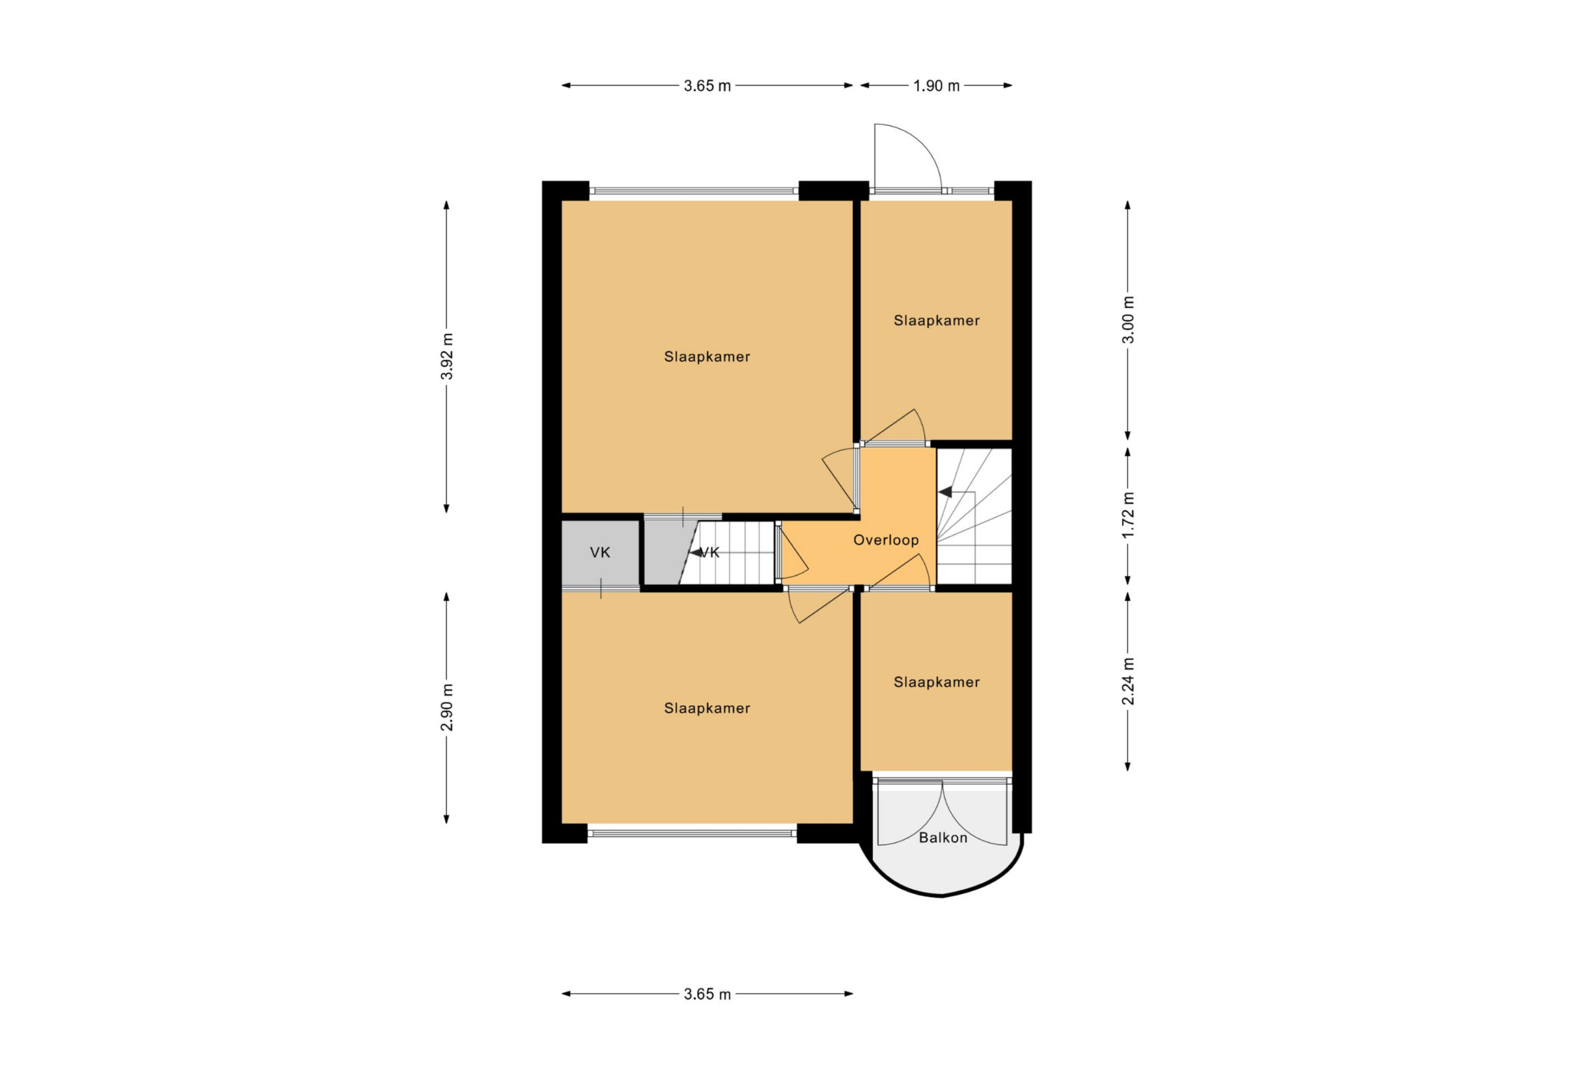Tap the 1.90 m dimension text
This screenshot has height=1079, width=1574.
pyautogui.click(x=936, y=86)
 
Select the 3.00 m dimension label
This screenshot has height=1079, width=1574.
pyautogui.click(x=1128, y=320)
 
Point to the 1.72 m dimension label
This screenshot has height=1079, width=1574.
pyautogui.click(x=1128, y=515)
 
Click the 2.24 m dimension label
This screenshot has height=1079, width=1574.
pyautogui.click(x=1128, y=681)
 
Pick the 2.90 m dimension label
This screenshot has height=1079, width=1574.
pyautogui.click(x=447, y=707)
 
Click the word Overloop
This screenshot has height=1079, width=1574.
pyautogui.click(x=886, y=540)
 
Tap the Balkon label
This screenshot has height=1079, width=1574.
pyautogui.click(x=943, y=838)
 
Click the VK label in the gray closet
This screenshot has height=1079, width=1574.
pyautogui.click(x=600, y=553)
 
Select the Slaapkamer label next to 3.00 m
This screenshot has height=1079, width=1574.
pyautogui.click(x=936, y=320)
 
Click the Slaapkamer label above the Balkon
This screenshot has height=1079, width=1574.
pyautogui.click(x=936, y=682)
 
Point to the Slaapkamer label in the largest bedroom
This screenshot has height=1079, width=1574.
pyautogui.click(x=707, y=356)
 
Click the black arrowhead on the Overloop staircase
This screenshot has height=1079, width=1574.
pyautogui.click(x=946, y=492)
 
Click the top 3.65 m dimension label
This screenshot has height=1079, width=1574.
pyautogui.click(x=707, y=86)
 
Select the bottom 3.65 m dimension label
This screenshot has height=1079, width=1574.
pyautogui.click(x=707, y=994)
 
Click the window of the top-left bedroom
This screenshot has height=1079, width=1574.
pyautogui.click(x=694, y=191)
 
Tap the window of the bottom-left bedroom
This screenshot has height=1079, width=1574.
pyautogui.click(x=692, y=834)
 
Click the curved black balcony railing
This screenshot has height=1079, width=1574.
pyautogui.click(x=941, y=895)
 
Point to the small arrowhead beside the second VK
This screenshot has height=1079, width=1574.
pyautogui.click(x=695, y=553)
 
